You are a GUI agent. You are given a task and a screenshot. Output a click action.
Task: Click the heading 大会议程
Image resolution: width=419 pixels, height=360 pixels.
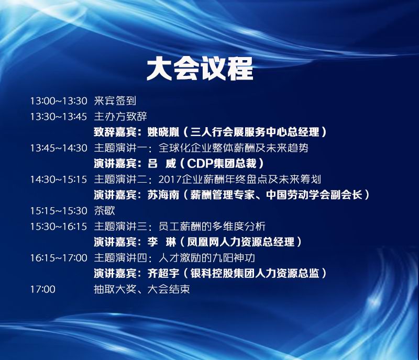[200, 69]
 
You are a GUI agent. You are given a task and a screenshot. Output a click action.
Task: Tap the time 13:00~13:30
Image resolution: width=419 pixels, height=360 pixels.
[59, 101]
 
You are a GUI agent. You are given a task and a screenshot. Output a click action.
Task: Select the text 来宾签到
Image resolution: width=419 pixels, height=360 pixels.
[115, 100]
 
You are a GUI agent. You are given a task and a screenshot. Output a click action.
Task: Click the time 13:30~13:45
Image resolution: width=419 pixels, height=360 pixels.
[59, 117]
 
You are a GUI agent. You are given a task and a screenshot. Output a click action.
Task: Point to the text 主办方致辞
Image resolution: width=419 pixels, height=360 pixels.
[120, 117]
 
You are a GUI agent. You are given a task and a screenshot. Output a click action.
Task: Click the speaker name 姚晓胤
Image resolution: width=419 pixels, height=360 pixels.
[163, 132]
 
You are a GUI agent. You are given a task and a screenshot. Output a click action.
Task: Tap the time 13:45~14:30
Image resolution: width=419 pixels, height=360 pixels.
[59, 148]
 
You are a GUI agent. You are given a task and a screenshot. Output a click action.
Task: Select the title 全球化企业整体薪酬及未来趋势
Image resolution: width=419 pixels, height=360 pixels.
[234, 148]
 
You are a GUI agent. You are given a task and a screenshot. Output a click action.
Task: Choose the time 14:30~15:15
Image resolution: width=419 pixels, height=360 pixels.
[59, 179]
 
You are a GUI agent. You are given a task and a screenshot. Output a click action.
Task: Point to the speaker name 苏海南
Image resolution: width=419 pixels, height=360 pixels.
[163, 195]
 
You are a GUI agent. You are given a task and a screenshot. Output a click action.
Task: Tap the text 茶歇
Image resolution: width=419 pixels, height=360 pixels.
[104, 210]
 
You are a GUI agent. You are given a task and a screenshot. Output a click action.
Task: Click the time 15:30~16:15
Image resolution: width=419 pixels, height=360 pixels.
[59, 227]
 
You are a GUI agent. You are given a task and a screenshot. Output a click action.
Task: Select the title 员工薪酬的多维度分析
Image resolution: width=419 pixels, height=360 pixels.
[212, 226]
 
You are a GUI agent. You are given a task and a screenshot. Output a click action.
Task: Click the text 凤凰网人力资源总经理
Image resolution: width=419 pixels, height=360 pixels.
[240, 242]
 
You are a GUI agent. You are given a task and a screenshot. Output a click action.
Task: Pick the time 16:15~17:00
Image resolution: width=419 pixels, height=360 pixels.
[59, 258]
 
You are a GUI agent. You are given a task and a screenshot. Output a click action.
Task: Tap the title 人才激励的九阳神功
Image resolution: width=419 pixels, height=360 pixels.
[207, 258]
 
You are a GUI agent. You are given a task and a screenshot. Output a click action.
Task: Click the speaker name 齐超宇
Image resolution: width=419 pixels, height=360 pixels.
[163, 273]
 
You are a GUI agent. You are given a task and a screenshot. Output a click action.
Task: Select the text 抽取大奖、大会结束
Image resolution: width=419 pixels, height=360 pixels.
[142, 289]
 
